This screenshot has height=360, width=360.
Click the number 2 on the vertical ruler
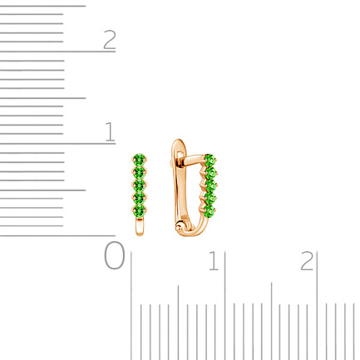point(110,39)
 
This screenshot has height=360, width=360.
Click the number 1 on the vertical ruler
point(110,131)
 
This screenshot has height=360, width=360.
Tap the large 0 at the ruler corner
point(114,255)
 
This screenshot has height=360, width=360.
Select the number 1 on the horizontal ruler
point(214,261)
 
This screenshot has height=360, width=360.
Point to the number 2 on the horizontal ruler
point(307,261)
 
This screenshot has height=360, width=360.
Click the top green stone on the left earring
point(140,159)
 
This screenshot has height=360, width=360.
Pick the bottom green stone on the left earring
point(140,210)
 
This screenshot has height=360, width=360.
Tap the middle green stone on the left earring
point(140,185)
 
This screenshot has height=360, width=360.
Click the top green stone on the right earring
point(210,160)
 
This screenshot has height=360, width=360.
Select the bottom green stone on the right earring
point(210,210)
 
